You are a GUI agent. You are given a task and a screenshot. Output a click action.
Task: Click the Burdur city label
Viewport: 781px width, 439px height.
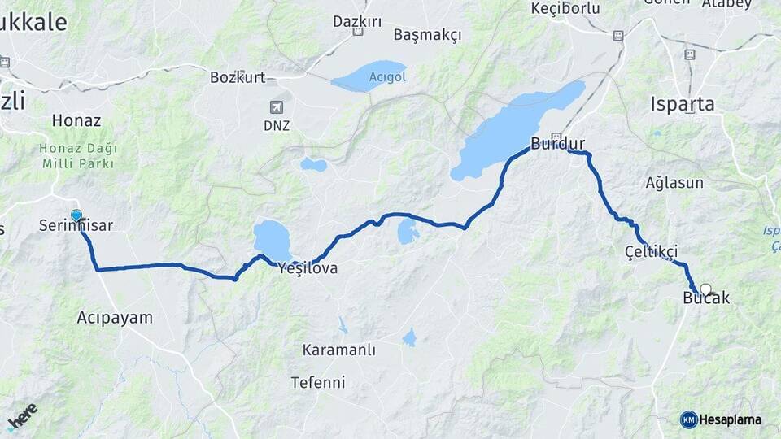558,145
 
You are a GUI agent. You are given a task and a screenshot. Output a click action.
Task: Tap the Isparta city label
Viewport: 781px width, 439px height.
683,104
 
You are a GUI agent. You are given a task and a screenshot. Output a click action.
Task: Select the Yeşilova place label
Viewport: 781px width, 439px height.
308,267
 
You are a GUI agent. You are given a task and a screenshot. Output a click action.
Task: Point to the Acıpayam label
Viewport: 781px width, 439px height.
115,317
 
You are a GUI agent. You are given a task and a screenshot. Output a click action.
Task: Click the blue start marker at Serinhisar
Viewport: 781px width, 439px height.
76,215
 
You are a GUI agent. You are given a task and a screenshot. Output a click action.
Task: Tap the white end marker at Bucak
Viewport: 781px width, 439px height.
705,289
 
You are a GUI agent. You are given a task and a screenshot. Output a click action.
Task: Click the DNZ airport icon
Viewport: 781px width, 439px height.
277,107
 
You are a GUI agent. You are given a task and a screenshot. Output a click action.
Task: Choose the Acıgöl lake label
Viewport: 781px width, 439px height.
387,77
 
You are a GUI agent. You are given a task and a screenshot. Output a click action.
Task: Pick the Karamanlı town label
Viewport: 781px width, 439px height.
338,350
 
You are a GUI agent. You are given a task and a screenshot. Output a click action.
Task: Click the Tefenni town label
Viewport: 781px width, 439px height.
318,382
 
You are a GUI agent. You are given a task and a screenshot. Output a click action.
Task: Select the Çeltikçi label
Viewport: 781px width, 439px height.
652,251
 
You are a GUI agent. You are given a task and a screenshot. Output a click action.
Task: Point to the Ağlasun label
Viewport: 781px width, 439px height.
674,182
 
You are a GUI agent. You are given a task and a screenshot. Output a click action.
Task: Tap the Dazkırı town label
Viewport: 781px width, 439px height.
357,21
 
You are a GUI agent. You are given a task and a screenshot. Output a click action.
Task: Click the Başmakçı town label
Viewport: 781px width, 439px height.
427,35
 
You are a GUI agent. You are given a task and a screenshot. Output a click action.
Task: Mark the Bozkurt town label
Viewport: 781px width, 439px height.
238,78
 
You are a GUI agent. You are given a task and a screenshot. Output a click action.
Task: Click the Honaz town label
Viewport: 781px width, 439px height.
76,120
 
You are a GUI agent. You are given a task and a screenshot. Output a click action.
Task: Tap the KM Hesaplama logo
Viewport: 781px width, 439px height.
722,419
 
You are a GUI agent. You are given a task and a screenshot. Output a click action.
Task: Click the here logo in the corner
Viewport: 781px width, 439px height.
22,416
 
